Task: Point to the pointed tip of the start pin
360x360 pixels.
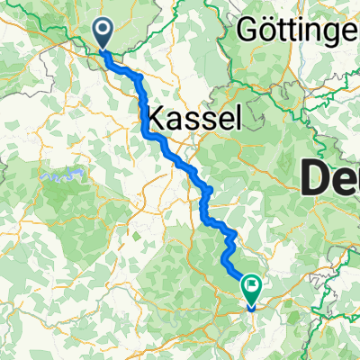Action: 104,50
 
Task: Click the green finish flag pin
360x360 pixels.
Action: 251,290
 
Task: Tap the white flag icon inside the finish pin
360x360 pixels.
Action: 252,287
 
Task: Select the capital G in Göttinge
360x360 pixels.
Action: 248,31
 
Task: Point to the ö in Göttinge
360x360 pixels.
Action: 267,31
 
